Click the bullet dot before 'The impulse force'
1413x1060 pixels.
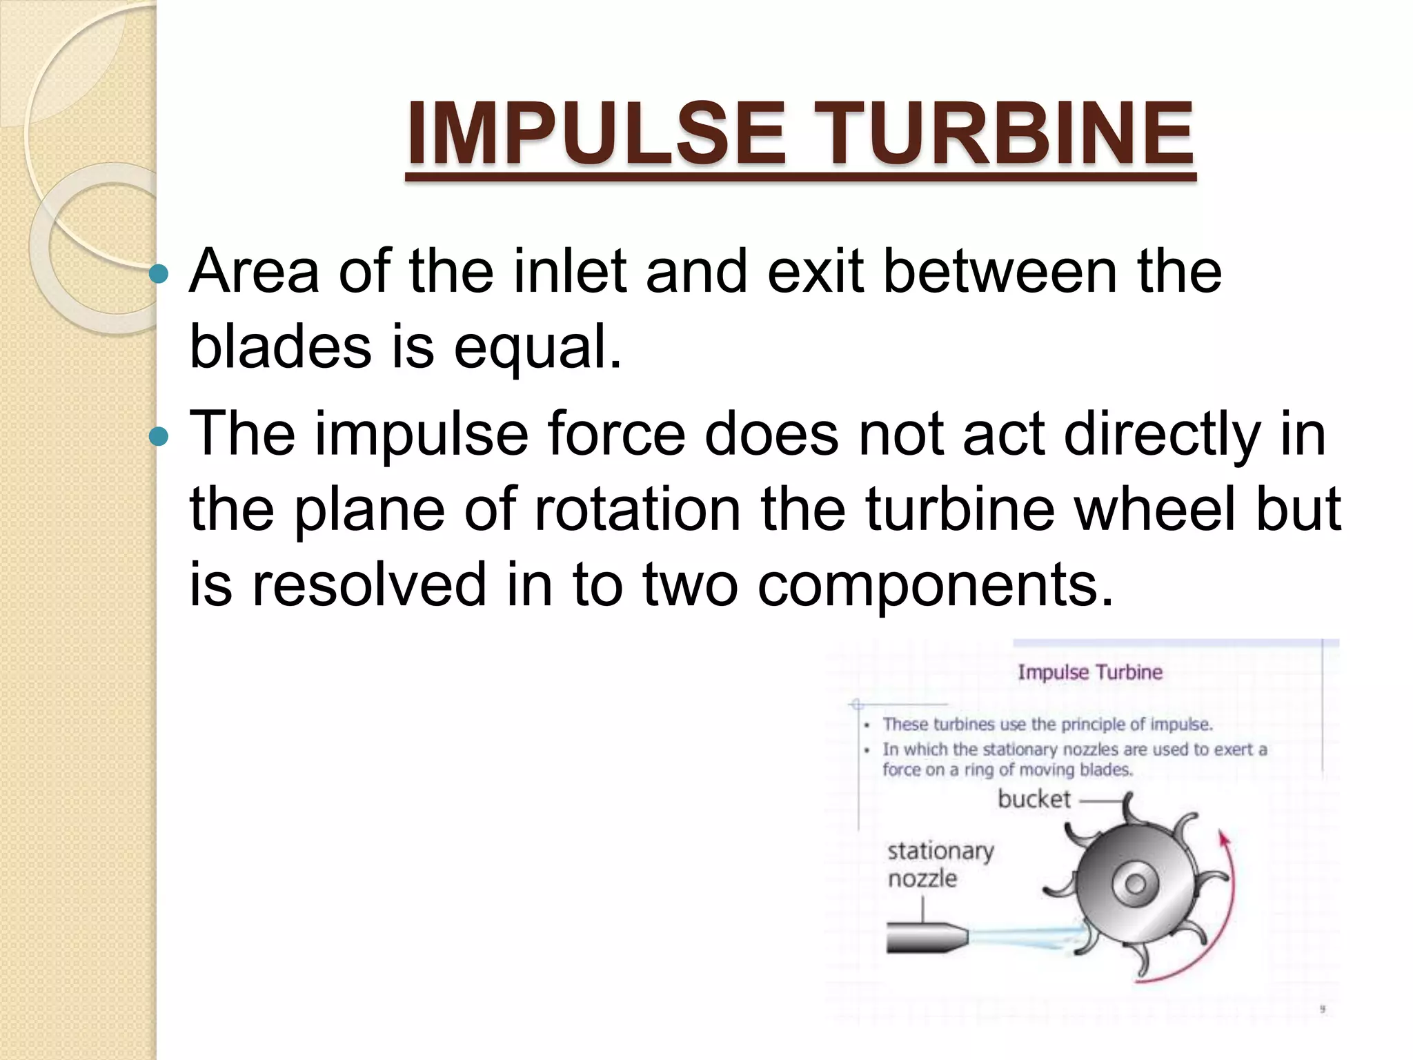point(159,436)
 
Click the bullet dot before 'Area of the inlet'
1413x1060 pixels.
point(159,275)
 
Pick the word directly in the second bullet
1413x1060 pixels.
point(1162,435)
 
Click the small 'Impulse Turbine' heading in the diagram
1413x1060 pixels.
point(1090,672)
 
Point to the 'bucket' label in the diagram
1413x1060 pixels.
point(1034,799)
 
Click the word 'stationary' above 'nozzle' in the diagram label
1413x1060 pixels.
point(940,851)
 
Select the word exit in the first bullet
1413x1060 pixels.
point(815,271)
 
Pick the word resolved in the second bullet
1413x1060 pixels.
point(368,585)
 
